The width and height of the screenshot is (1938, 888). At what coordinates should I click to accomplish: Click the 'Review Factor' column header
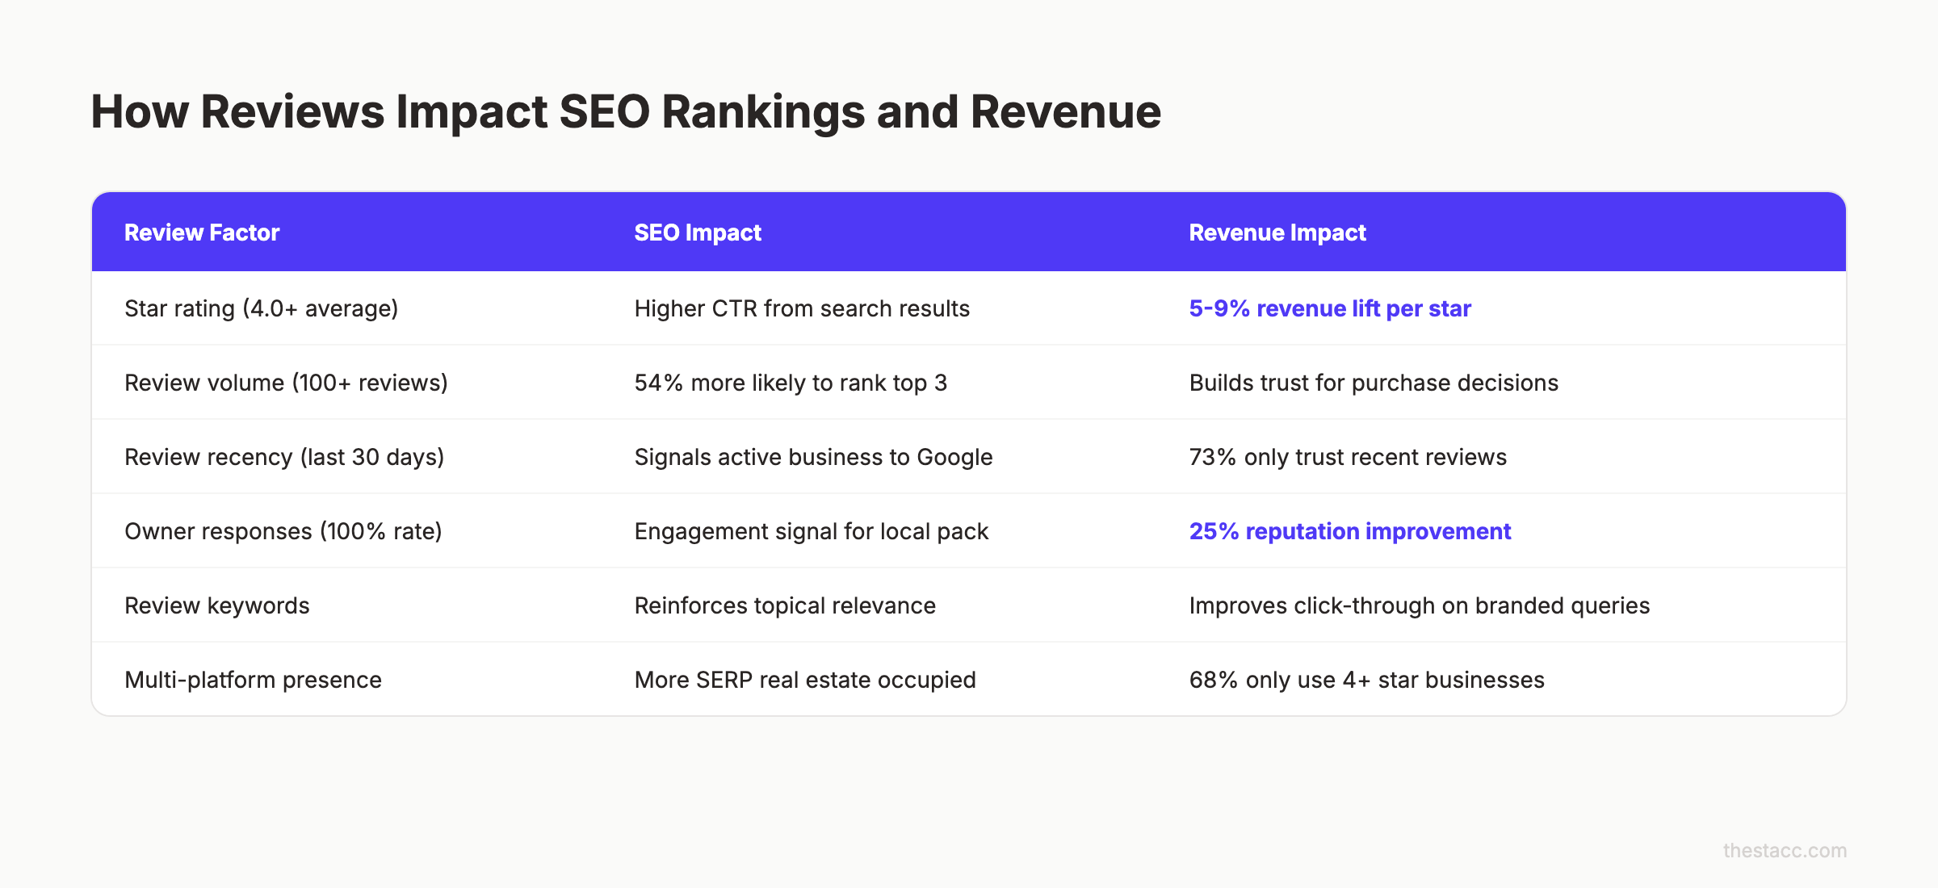pyautogui.click(x=202, y=232)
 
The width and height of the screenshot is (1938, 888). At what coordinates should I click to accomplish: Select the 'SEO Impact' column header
pyautogui.click(x=698, y=232)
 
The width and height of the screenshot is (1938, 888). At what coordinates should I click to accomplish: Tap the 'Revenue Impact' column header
pyautogui.click(x=1277, y=232)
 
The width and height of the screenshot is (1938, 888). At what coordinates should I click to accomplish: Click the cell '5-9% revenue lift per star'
pyautogui.click(x=1330, y=308)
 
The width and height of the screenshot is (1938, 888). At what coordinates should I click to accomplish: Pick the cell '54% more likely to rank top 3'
pyautogui.click(x=791, y=383)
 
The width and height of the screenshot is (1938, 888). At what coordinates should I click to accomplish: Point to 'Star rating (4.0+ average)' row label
pyautogui.click(x=262, y=308)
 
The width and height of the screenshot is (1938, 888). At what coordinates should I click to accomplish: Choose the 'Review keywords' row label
pyautogui.click(x=217, y=605)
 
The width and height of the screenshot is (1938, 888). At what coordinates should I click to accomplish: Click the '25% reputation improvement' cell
pyautogui.click(x=1349, y=531)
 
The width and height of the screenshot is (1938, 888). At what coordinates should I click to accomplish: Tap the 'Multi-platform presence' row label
pyautogui.click(x=253, y=680)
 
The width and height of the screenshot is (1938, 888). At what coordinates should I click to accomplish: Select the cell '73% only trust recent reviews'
pyautogui.click(x=1348, y=457)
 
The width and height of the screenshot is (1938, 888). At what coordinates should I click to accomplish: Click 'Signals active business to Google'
pyautogui.click(x=813, y=457)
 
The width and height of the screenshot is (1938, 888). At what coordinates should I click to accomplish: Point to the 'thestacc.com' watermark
pyautogui.click(x=1785, y=850)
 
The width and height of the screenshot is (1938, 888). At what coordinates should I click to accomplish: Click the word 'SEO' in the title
pyautogui.click(x=604, y=111)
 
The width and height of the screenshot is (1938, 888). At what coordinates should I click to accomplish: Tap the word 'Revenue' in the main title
pyautogui.click(x=1066, y=111)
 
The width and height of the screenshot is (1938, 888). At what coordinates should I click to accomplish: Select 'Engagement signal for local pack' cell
pyautogui.click(x=812, y=531)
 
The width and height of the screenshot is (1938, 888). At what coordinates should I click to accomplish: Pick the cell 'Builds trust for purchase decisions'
pyautogui.click(x=1374, y=383)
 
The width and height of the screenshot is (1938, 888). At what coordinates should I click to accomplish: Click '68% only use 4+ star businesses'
pyautogui.click(x=1366, y=680)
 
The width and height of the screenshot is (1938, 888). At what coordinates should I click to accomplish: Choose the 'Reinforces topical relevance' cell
pyautogui.click(x=785, y=605)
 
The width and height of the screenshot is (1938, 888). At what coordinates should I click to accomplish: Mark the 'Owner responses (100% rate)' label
pyautogui.click(x=283, y=531)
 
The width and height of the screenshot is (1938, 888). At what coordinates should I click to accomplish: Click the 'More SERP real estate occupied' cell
pyautogui.click(x=805, y=680)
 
